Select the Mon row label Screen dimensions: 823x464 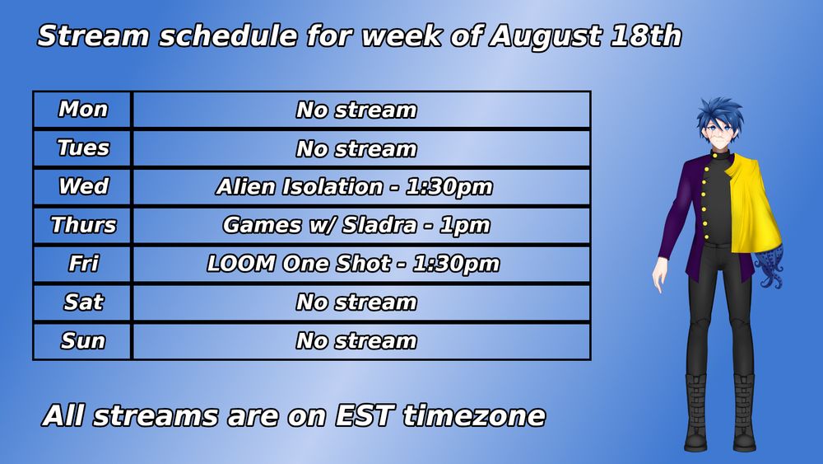click(83, 110)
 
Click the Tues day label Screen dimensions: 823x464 click(83, 148)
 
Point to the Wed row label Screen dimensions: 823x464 click(83, 186)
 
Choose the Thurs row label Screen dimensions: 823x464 click(83, 225)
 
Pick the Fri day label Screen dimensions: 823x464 click(83, 263)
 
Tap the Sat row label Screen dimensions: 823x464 click(83, 302)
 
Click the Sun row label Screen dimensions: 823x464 click(83, 340)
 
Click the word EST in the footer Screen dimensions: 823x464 click(365, 415)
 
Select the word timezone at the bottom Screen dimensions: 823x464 click(474, 415)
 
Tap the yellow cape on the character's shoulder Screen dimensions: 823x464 click(755, 202)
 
